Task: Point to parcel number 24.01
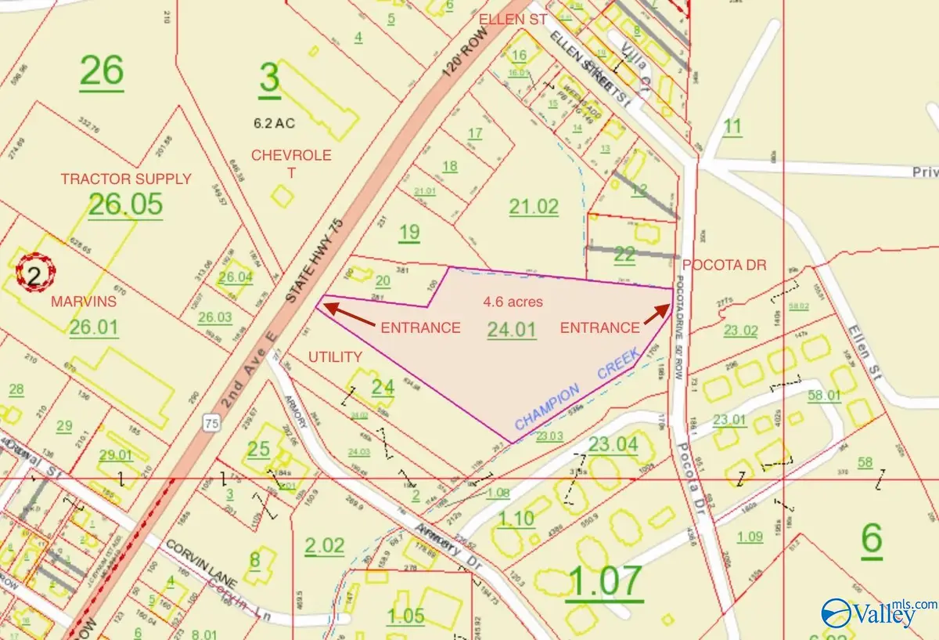tap(512, 330)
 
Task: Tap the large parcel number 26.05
tap(125, 204)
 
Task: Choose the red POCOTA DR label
tap(722, 266)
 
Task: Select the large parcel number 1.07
tap(606, 581)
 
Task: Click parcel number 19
tap(409, 232)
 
